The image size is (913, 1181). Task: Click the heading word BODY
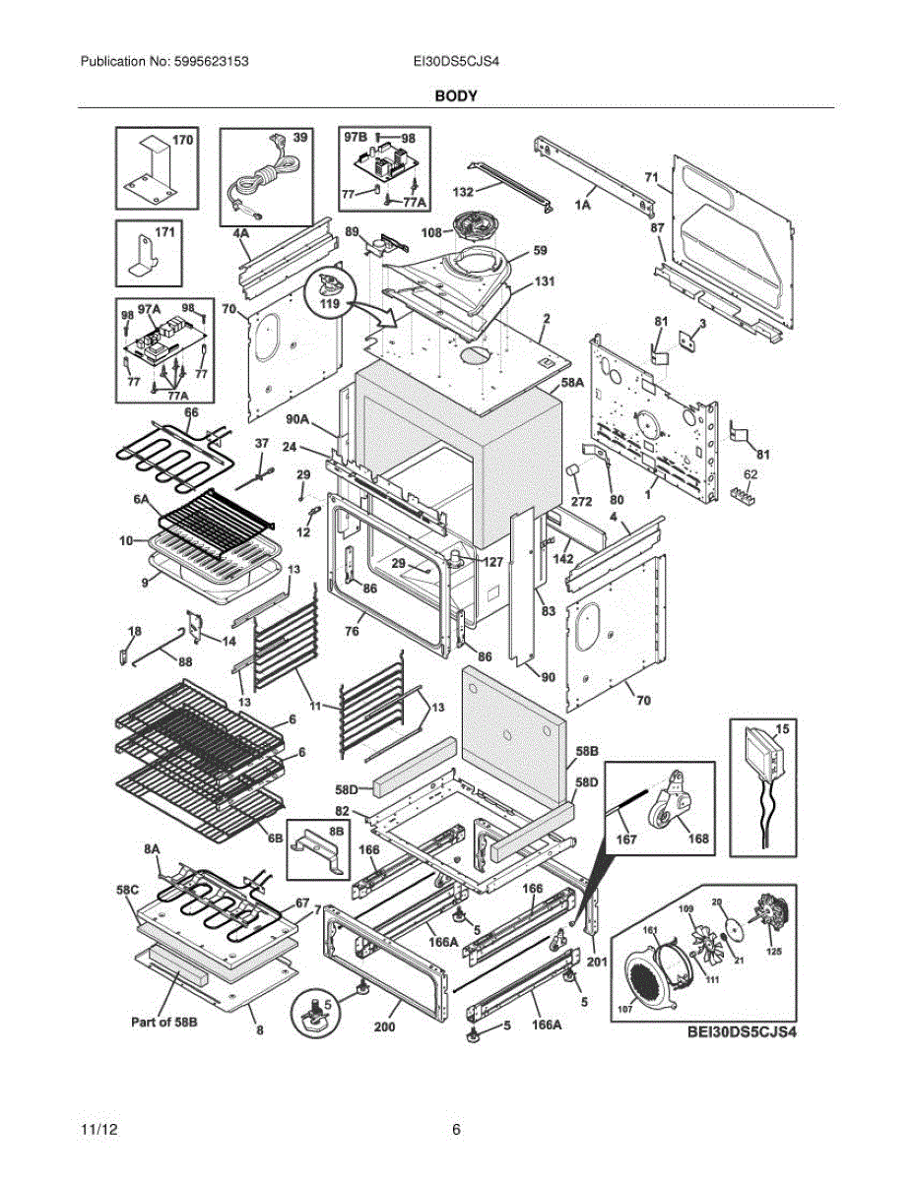point(456,96)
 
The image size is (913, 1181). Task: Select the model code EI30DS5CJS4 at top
point(457,61)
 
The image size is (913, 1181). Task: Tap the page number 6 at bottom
point(456,1130)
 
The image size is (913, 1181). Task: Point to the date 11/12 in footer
point(98,1130)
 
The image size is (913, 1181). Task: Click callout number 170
point(183,141)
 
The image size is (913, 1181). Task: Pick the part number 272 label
point(582,501)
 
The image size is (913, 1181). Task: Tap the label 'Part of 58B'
point(165,1023)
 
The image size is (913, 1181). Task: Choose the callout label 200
point(384,1026)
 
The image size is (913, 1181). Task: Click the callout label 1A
point(583,205)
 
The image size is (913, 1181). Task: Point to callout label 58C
point(129,890)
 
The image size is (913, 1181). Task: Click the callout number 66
point(191,412)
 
